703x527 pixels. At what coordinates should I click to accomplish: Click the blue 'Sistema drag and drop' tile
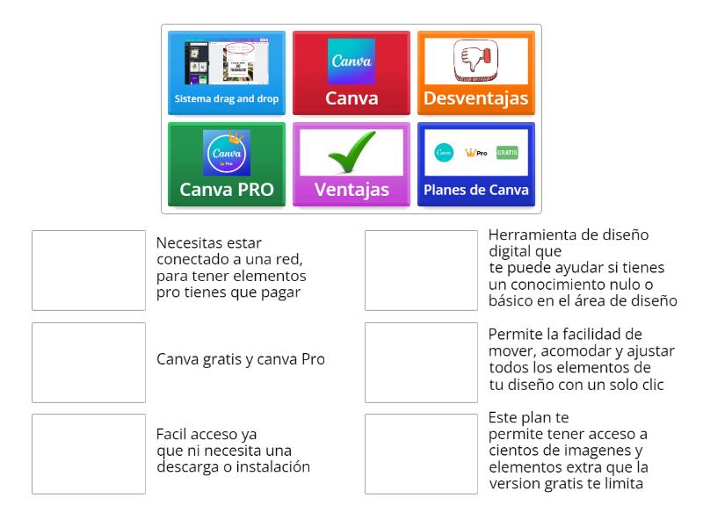coord(227,74)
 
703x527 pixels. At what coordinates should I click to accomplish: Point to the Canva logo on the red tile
coord(351,61)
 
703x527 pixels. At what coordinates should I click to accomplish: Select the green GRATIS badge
coord(507,153)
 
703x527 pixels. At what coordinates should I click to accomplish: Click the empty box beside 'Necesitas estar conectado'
coord(89,271)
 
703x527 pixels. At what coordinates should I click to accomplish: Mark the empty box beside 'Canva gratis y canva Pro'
coord(89,362)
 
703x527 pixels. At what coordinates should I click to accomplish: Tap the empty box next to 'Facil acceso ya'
coord(89,454)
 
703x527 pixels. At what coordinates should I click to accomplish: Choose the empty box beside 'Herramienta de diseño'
coord(421,271)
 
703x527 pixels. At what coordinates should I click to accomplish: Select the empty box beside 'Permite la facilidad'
coord(421,362)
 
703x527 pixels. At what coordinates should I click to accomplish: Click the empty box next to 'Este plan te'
coord(421,454)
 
